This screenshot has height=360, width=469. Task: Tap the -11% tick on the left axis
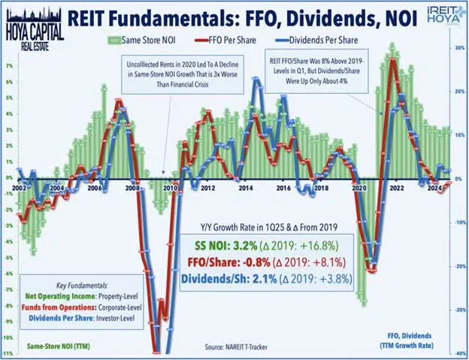9,352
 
